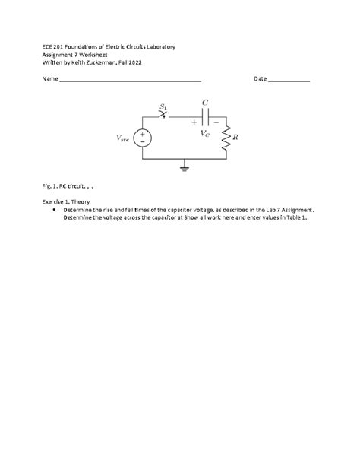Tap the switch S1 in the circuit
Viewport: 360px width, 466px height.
162,114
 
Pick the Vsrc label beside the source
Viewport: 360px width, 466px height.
122,138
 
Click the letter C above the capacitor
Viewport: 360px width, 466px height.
205,102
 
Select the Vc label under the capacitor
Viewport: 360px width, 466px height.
205,134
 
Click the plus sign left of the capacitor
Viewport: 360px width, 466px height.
194,122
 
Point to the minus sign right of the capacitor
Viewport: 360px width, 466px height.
216,122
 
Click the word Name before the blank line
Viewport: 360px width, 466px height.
49,79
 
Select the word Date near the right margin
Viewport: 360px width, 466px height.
260,79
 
